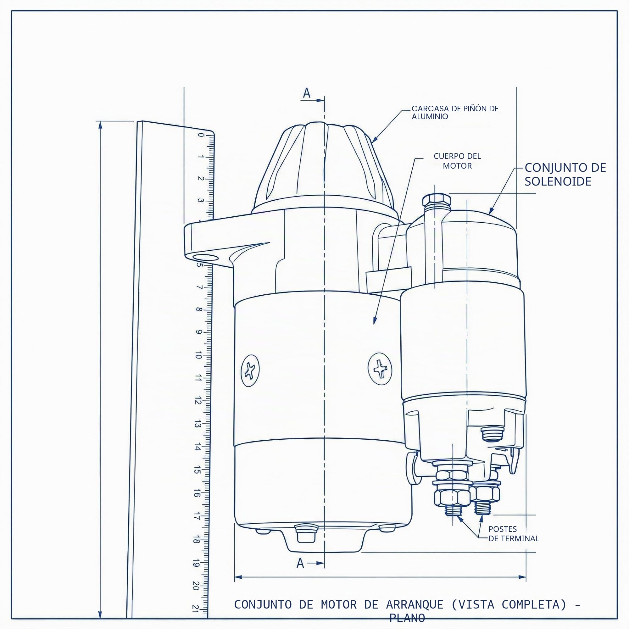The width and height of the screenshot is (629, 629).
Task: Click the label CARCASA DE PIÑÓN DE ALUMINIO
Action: coord(455,112)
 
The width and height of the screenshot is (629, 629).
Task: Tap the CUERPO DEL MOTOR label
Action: coord(457,161)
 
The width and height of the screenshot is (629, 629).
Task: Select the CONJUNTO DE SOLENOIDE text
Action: coord(565,175)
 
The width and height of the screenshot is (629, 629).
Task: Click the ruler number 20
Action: coord(196,586)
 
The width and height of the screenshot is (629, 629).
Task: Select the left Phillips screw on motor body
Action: coord(250,370)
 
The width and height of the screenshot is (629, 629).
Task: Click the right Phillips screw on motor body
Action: coord(380,369)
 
